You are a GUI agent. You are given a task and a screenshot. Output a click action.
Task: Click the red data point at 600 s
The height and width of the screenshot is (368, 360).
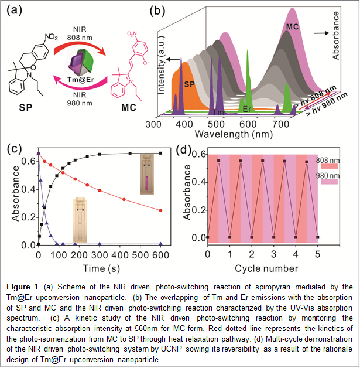(x=161, y=210)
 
